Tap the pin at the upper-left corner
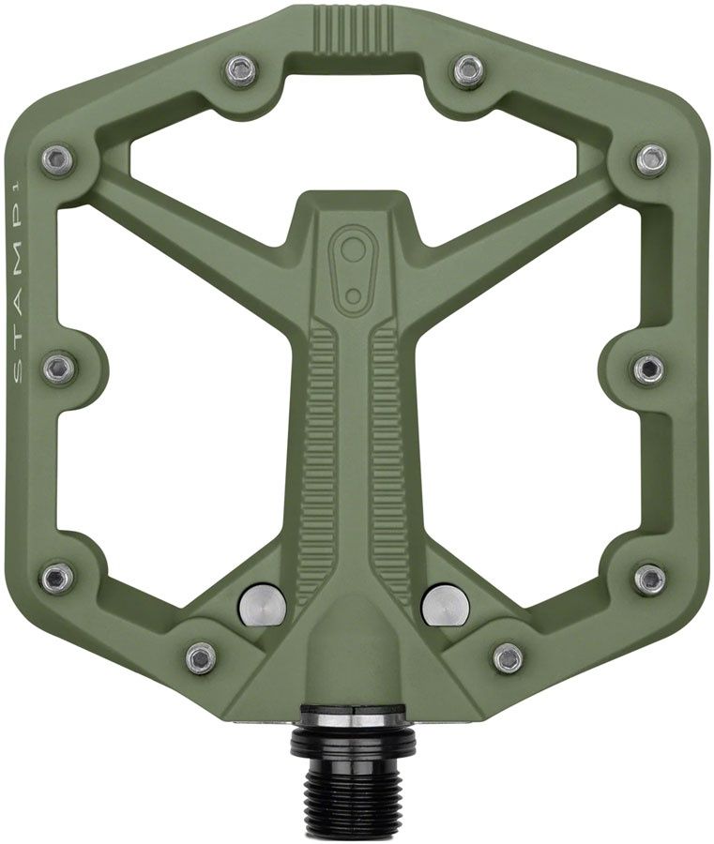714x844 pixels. [x=58, y=158]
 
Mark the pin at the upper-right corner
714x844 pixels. [x=651, y=158]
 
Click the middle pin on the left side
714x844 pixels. [x=59, y=367]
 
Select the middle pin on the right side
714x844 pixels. [x=648, y=367]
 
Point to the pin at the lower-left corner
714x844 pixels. [x=58, y=578]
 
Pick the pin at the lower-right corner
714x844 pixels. [x=649, y=578]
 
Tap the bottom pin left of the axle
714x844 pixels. [x=201, y=657]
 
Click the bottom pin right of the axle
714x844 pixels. [x=508, y=657]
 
